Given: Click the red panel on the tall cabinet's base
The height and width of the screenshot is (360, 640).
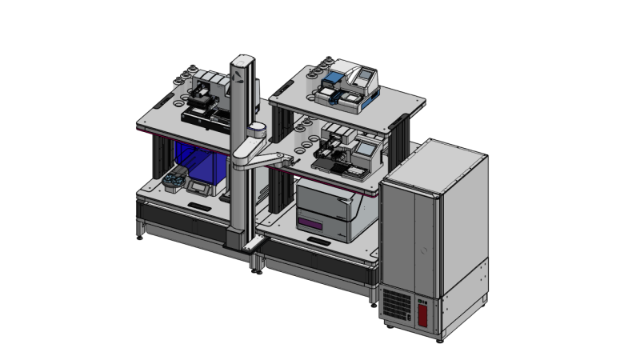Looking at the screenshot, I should [x=422, y=311].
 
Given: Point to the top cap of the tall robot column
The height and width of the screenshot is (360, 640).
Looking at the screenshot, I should [x=243, y=58].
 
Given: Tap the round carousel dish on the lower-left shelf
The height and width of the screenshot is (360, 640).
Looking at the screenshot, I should [x=173, y=183].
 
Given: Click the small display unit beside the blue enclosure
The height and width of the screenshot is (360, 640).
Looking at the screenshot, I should [x=198, y=187].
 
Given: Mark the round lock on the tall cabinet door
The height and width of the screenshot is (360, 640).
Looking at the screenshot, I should [x=425, y=250].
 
